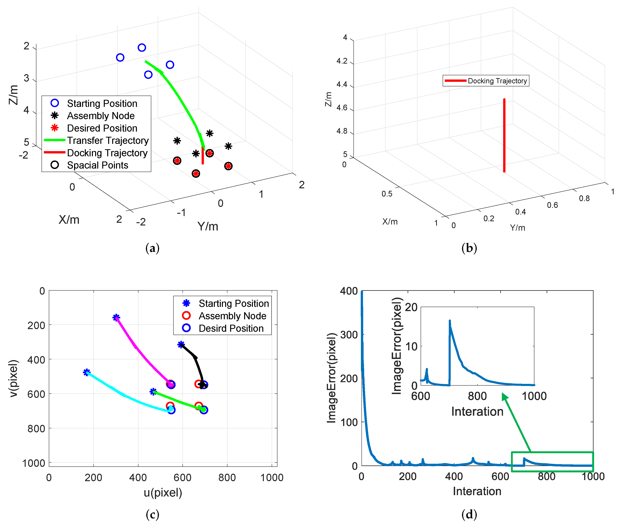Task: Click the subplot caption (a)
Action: tap(152, 248)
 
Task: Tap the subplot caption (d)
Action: tap(469, 514)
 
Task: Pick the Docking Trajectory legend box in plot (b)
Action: tap(486, 81)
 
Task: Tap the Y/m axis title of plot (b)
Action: tap(517, 228)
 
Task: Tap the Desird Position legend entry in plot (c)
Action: tap(231, 328)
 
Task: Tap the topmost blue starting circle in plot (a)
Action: tap(142, 48)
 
